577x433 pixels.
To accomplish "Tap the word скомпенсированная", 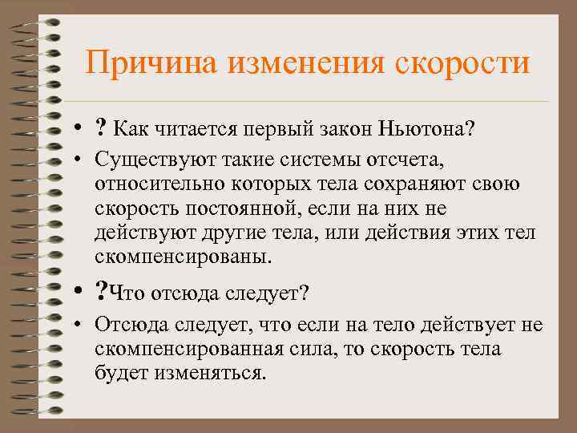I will pyautogui.click(x=193, y=350).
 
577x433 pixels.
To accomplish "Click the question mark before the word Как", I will pyautogui.click(x=101, y=127).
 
